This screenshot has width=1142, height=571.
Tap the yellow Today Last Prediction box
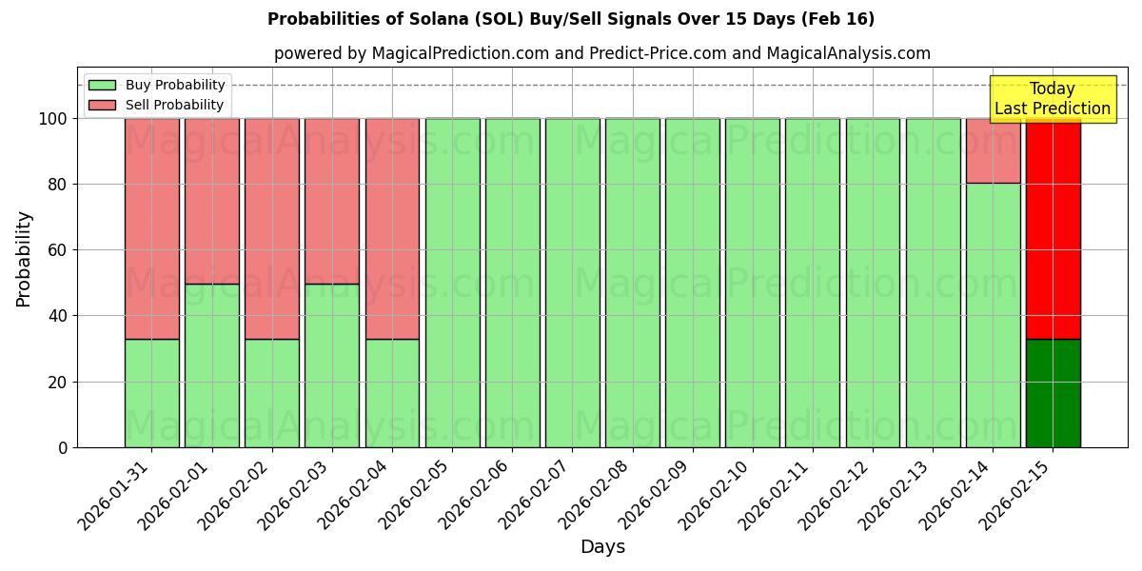point(1053,99)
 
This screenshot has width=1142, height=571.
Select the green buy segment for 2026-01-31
point(151,393)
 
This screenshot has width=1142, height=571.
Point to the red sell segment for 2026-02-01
point(211,201)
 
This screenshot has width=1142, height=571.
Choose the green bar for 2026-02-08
point(632,283)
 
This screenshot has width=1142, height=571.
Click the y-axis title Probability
point(25,258)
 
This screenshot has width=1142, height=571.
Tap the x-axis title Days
point(602,547)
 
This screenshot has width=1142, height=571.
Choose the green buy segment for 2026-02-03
point(332,365)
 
